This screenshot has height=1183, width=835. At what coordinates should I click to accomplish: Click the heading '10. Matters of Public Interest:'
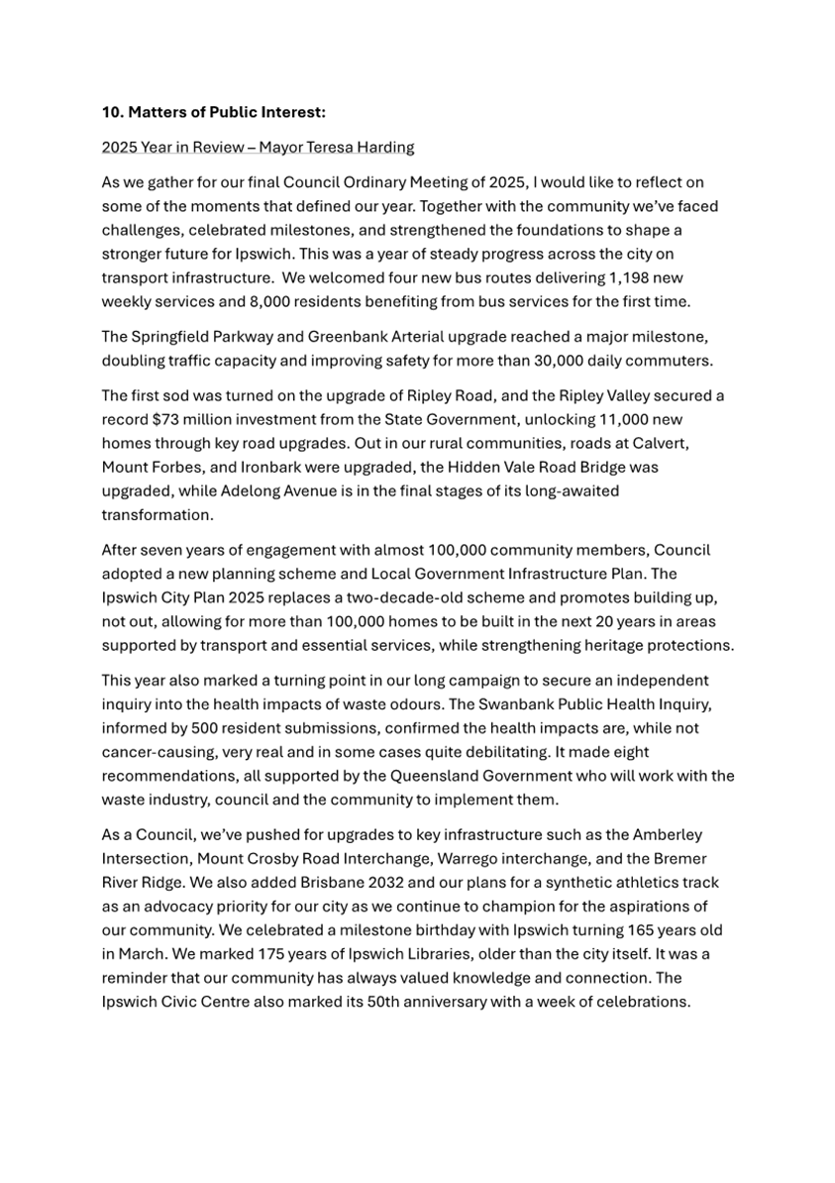[x=213, y=113]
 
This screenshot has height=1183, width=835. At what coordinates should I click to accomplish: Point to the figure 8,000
[x=271, y=300]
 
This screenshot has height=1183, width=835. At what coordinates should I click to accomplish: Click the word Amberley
[x=670, y=835]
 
